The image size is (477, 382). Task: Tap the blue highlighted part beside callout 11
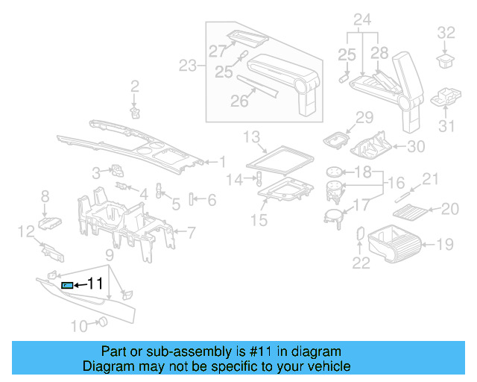pos(66,285)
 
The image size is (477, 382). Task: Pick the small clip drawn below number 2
pos(135,113)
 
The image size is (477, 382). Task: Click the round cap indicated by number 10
pos(102,322)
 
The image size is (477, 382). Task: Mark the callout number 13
pos(252,136)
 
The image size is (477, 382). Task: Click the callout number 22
pos(361,262)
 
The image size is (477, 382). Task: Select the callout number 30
pos(415,146)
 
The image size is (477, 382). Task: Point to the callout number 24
pos(362,18)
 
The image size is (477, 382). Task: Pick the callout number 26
pos(238,101)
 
